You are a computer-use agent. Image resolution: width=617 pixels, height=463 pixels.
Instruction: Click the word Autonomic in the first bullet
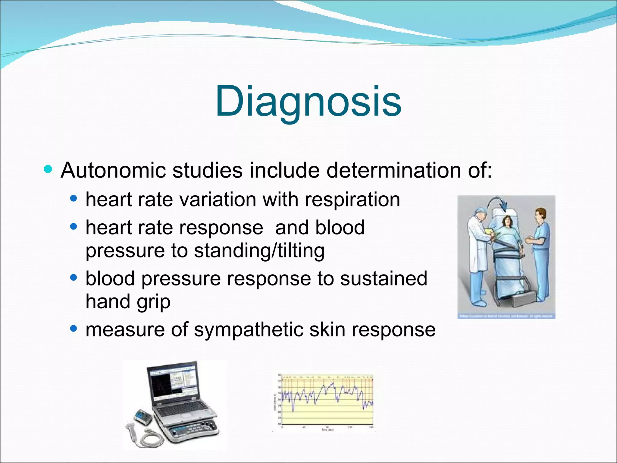[x=113, y=171]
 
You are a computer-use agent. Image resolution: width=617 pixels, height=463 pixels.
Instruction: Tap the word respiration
[x=352, y=200]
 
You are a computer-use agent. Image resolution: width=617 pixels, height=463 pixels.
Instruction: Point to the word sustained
[x=384, y=279]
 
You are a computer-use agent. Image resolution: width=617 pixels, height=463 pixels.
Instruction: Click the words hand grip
[x=128, y=302]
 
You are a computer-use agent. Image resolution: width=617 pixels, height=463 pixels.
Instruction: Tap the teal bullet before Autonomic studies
[x=48, y=169]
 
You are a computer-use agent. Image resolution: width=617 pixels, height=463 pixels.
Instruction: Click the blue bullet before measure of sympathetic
[x=74, y=328]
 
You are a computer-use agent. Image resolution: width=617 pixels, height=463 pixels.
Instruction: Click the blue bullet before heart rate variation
[x=74, y=198]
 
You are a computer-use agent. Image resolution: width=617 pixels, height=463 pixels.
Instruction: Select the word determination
[x=393, y=171]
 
